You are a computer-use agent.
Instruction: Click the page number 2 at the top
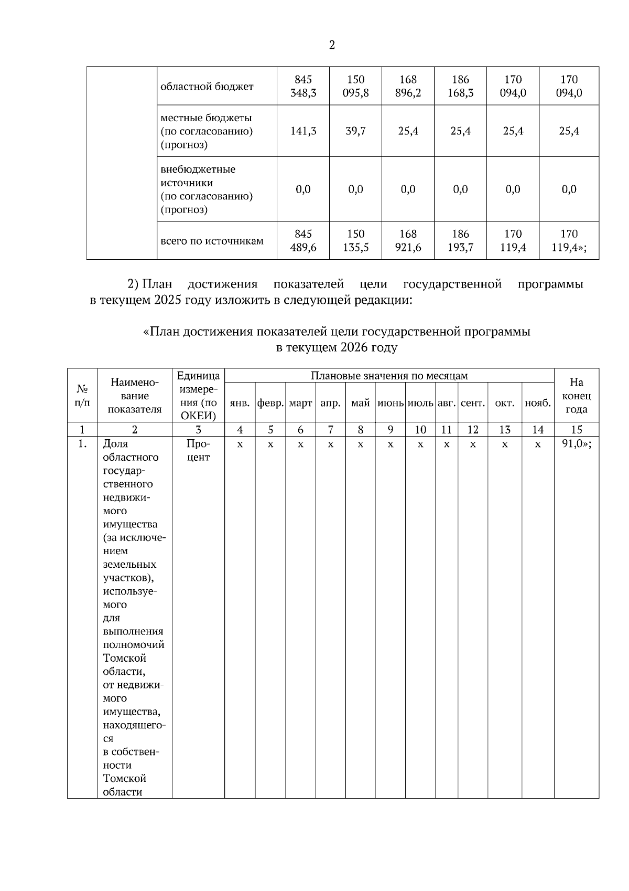point(332,46)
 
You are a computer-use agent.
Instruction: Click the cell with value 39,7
point(355,131)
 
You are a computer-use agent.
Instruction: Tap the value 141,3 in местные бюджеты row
point(303,131)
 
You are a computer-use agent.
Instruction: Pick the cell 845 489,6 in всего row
point(303,241)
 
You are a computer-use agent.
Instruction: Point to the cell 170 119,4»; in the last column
point(569,241)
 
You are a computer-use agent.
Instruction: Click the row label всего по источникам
point(212,241)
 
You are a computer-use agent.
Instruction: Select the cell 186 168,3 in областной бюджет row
point(460,87)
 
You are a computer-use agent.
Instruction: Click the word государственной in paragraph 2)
point(452,284)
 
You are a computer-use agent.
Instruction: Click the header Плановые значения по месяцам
point(389,376)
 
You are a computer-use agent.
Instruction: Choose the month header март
point(300,404)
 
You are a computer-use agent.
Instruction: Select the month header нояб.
point(538,404)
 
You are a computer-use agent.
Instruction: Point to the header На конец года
point(576,396)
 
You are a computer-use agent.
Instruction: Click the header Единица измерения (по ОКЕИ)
point(198,396)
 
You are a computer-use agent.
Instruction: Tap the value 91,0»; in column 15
point(576,444)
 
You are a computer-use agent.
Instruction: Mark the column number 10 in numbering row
point(420,430)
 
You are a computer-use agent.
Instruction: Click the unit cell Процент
point(198,450)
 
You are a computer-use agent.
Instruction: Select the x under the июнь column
point(391,444)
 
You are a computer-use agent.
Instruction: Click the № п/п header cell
point(82,396)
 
